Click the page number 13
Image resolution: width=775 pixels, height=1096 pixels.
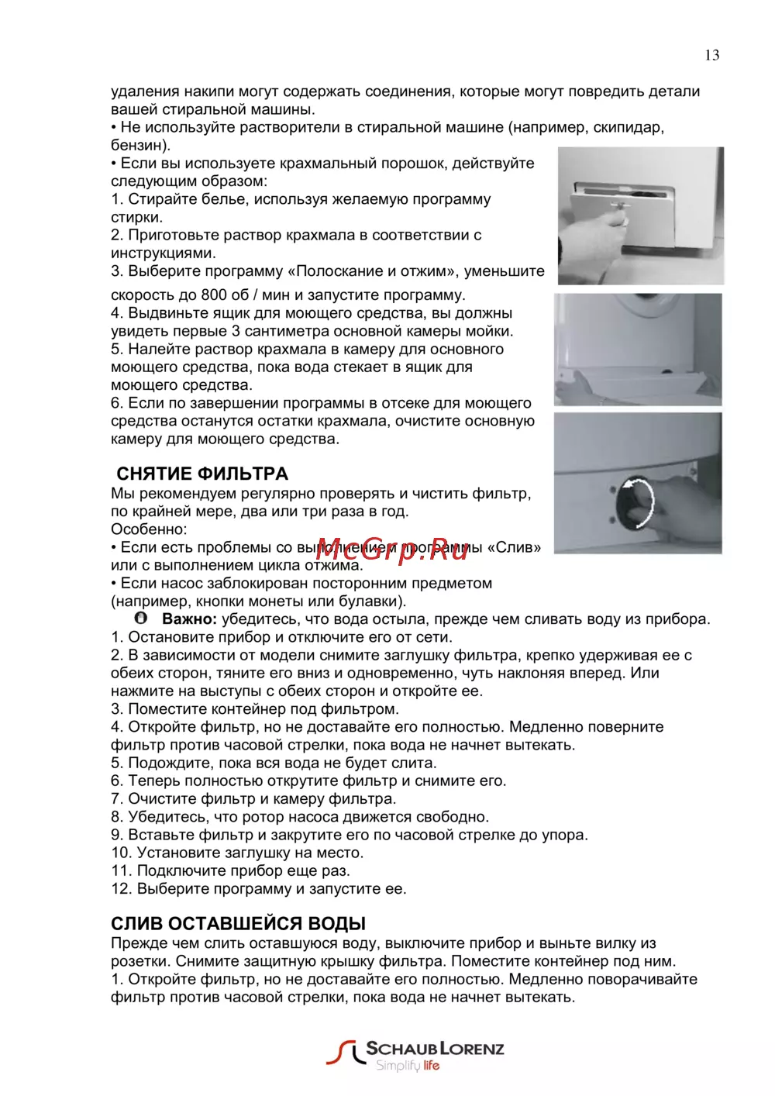[x=711, y=55]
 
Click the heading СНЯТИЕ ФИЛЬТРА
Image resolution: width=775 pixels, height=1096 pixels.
[x=202, y=474]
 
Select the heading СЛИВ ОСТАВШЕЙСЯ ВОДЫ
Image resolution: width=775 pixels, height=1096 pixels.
[x=238, y=923]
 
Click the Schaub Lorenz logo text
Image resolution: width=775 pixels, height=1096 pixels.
[x=435, y=1049]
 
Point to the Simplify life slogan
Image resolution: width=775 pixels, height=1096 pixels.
[x=408, y=1066]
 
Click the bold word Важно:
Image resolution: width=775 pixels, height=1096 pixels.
[x=189, y=619]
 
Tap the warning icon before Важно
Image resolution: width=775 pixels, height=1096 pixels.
[x=140, y=619]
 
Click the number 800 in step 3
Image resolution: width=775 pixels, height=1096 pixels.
[x=214, y=295]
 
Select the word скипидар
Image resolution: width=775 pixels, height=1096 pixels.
[x=628, y=127]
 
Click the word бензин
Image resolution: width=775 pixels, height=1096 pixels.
[x=136, y=145]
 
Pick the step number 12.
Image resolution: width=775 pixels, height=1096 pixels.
[x=121, y=889]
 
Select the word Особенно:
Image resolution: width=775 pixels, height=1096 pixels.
[x=149, y=529]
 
